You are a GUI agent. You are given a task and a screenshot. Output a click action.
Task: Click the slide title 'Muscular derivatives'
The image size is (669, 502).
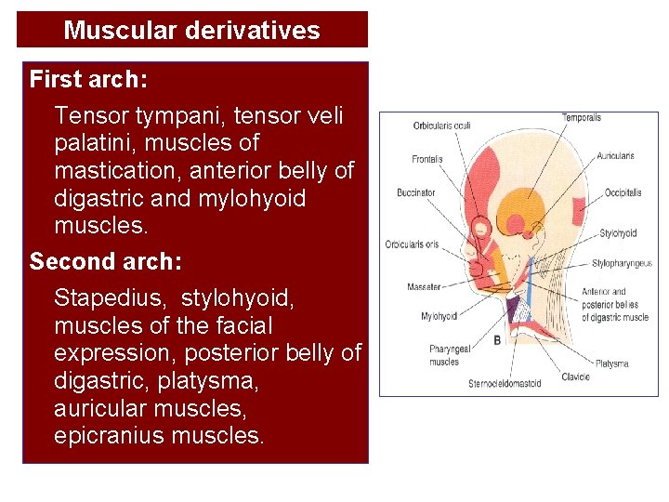click(x=191, y=30)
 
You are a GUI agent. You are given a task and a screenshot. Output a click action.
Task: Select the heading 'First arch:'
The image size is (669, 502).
click(x=88, y=80)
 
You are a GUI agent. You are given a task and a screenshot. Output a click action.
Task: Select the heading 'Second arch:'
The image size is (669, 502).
click(x=106, y=261)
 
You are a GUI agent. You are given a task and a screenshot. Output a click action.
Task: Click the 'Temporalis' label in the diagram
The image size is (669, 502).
click(x=582, y=118)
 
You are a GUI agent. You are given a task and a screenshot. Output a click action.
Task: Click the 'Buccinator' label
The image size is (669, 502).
click(x=415, y=193)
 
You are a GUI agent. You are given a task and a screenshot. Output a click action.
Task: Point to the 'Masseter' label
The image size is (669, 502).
click(x=424, y=287)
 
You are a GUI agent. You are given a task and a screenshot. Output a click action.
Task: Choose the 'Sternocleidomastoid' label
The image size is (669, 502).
click(x=505, y=383)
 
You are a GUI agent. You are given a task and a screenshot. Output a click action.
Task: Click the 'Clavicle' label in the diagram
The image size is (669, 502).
click(x=576, y=377)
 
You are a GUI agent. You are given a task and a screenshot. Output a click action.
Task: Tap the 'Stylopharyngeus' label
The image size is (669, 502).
click(x=623, y=264)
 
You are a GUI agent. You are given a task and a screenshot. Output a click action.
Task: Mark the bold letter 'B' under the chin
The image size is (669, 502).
click(x=497, y=341)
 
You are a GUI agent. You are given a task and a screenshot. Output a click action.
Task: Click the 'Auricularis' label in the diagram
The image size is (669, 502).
click(x=615, y=156)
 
